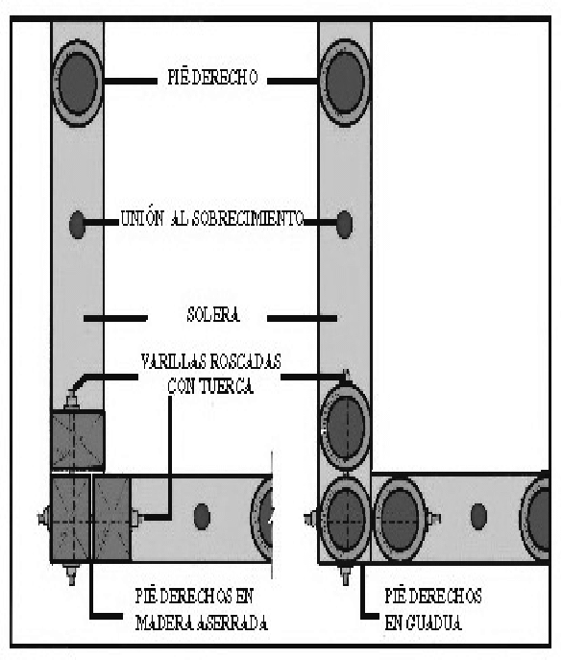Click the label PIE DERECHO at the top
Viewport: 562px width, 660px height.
(x=212, y=78)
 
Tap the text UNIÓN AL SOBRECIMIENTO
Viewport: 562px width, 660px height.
(x=212, y=219)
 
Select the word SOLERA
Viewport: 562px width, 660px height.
(x=213, y=315)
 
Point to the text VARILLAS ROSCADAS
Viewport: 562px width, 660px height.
(x=211, y=362)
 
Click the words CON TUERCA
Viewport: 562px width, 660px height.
(x=210, y=386)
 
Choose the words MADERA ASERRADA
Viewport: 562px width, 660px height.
(x=202, y=623)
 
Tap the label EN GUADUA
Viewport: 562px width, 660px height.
(x=423, y=623)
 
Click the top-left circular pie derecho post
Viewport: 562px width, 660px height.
(x=78, y=83)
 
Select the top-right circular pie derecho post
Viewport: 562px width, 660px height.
(x=345, y=83)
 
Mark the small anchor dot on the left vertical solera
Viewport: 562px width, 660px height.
(x=77, y=225)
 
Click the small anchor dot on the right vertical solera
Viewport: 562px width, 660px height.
(x=344, y=225)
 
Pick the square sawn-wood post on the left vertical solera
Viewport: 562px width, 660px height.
(x=78, y=440)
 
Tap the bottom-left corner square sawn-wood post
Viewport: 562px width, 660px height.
(x=70, y=519)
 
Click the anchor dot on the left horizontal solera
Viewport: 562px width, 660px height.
(x=202, y=517)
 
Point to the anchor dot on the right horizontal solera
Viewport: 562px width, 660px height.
(x=478, y=517)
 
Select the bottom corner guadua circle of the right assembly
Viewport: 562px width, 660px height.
(x=345, y=519)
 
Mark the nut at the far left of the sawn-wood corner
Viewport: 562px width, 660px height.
(x=43, y=517)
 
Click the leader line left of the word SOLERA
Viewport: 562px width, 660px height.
(x=116, y=318)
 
